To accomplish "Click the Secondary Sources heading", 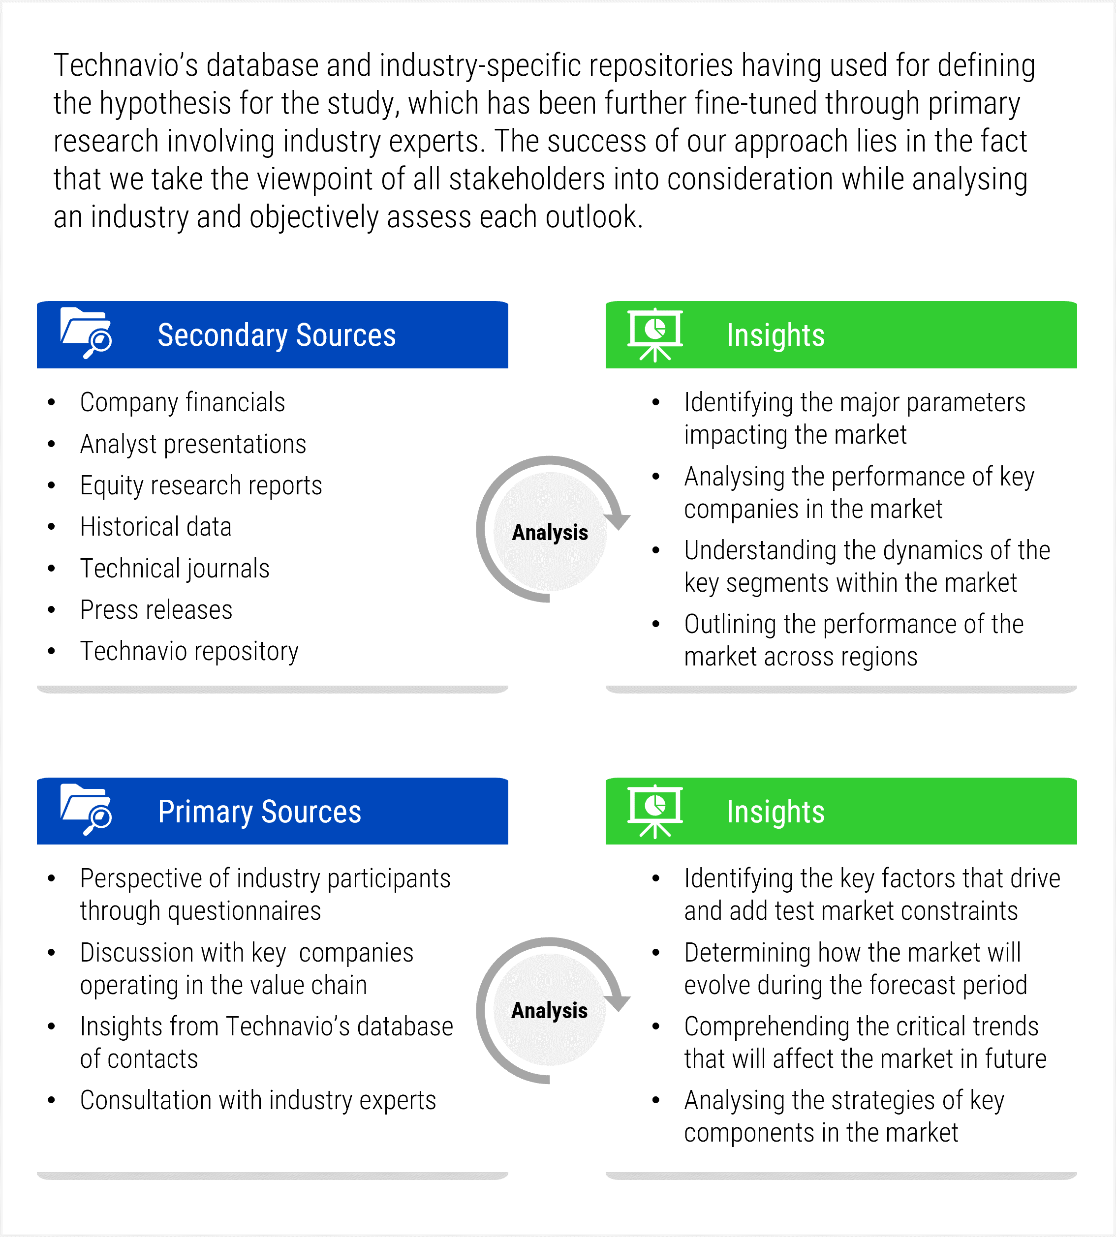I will point(277,335).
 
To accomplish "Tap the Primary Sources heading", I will point(259,812).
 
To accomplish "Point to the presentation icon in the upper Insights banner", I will point(655,334).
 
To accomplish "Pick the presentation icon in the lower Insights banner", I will point(655,811).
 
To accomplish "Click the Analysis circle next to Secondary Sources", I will point(550,532).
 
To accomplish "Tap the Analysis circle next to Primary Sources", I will point(550,1010).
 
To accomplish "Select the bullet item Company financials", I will point(182,403).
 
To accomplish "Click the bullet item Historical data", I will point(156,527).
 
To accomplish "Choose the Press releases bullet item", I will point(156,610).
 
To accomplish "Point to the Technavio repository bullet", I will point(189,651).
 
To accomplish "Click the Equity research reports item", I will point(201,485).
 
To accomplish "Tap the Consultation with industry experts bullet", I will point(257,1100).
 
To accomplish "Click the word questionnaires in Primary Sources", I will point(244,911).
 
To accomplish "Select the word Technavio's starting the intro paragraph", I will point(125,65).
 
